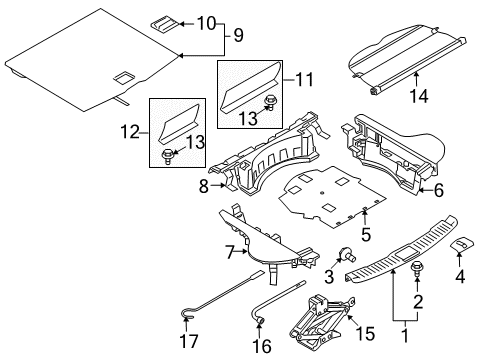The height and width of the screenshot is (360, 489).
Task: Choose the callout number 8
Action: tap(204, 185)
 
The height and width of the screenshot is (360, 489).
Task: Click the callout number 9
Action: tap(237, 35)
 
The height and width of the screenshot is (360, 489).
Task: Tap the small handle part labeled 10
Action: tap(164, 22)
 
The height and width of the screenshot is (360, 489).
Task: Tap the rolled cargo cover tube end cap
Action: tap(377, 89)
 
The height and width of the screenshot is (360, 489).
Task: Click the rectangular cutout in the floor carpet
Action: tap(127, 75)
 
